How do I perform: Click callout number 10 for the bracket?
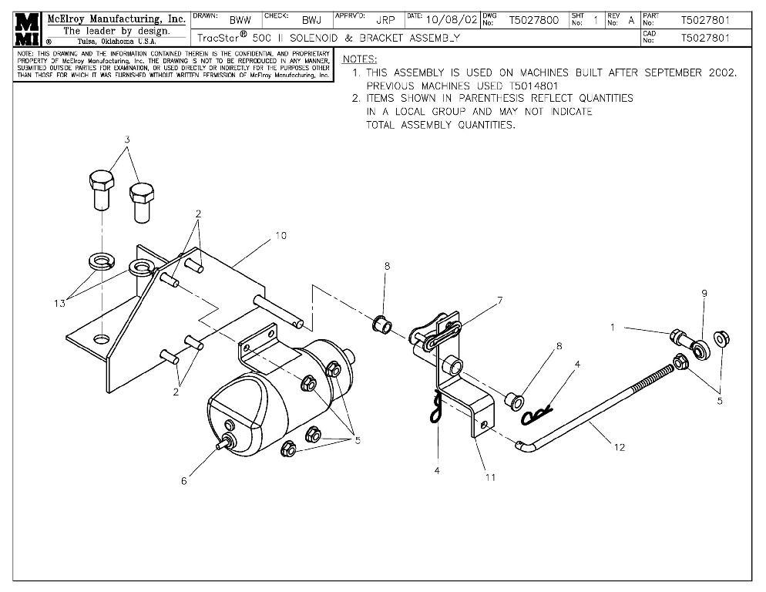pyautogui.click(x=281, y=235)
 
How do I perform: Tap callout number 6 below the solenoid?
pyautogui.click(x=183, y=481)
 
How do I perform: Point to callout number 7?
pyautogui.click(x=499, y=300)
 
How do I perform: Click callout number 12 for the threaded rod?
pyautogui.click(x=619, y=447)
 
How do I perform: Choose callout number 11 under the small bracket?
pyautogui.click(x=489, y=477)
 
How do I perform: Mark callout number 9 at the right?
pyautogui.click(x=704, y=293)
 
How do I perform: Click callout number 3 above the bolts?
pyautogui.click(x=127, y=140)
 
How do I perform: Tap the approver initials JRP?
pyautogui.click(x=385, y=21)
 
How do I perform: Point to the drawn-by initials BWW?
pyautogui.click(x=240, y=21)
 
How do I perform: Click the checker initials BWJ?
pyautogui.click(x=311, y=21)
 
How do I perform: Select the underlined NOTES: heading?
pyautogui.click(x=359, y=59)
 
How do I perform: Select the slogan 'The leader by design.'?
pyautogui.click(x=116, y=31)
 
